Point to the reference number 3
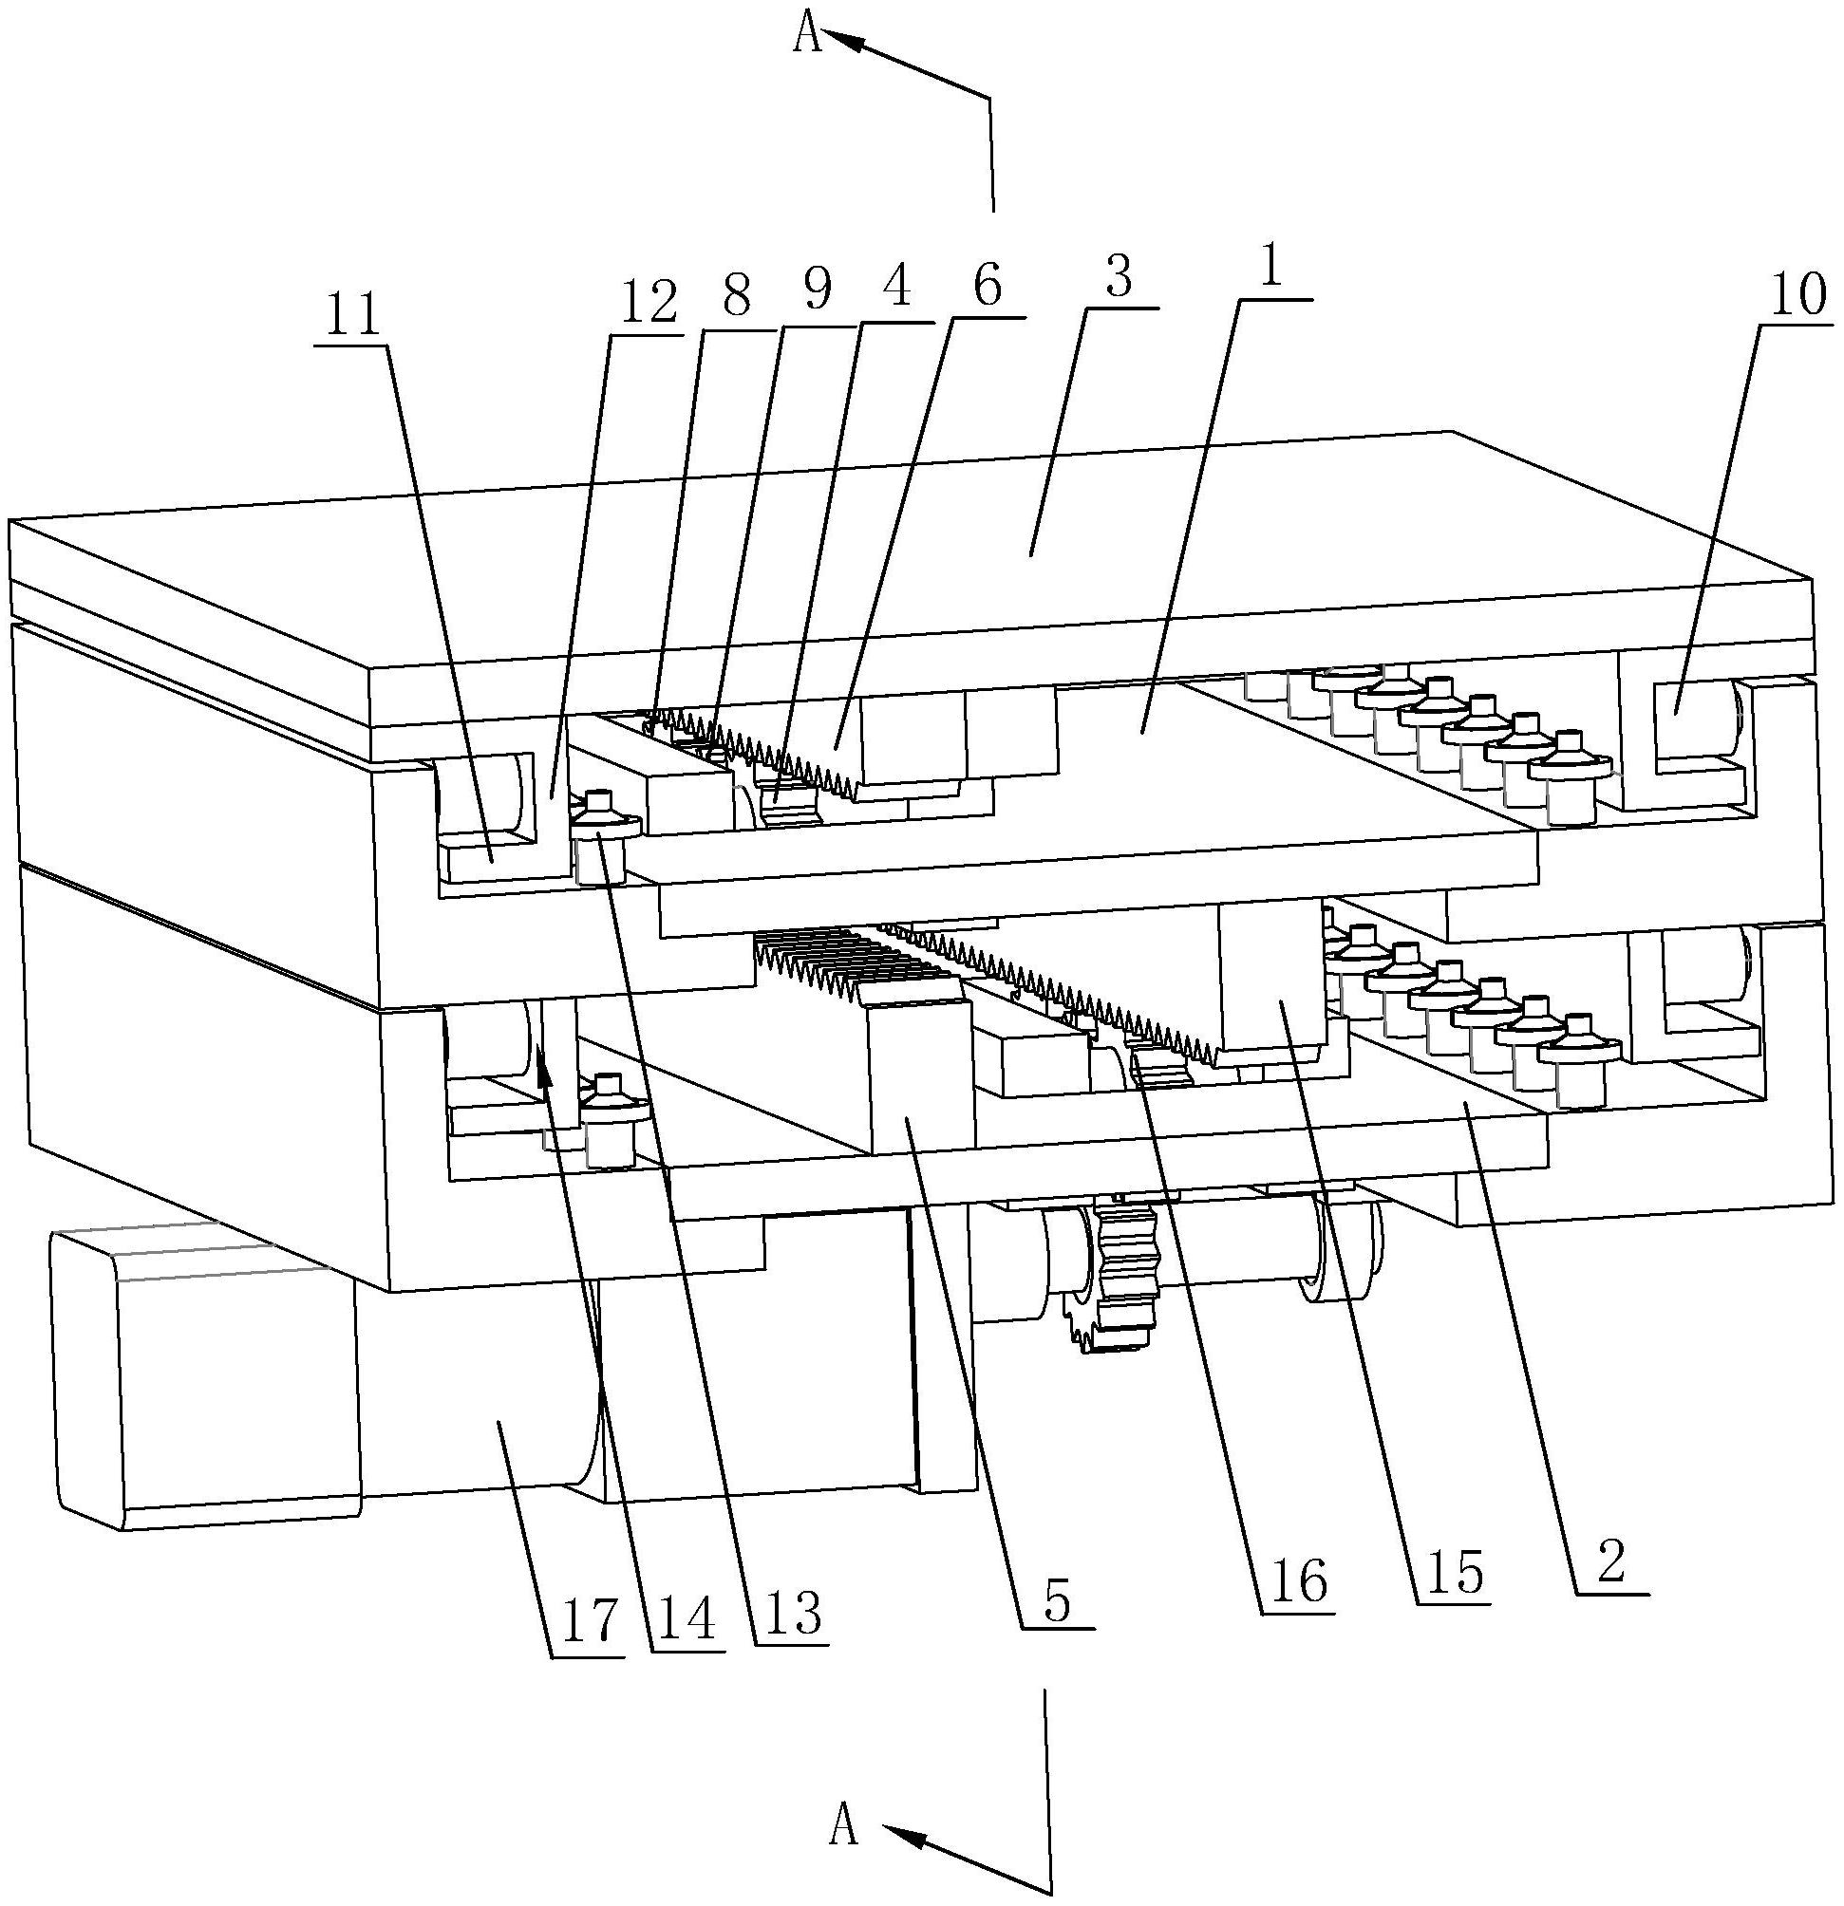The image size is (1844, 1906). [x=1120, y=279]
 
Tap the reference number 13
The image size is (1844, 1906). [x=793, y=1612]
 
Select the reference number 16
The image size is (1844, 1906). [x=1296, y=1584]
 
